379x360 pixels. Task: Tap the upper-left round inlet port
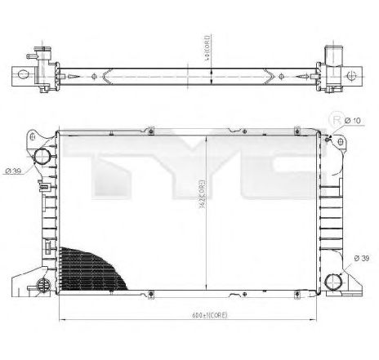point(42,157)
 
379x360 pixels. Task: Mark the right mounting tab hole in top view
point(353,78)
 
